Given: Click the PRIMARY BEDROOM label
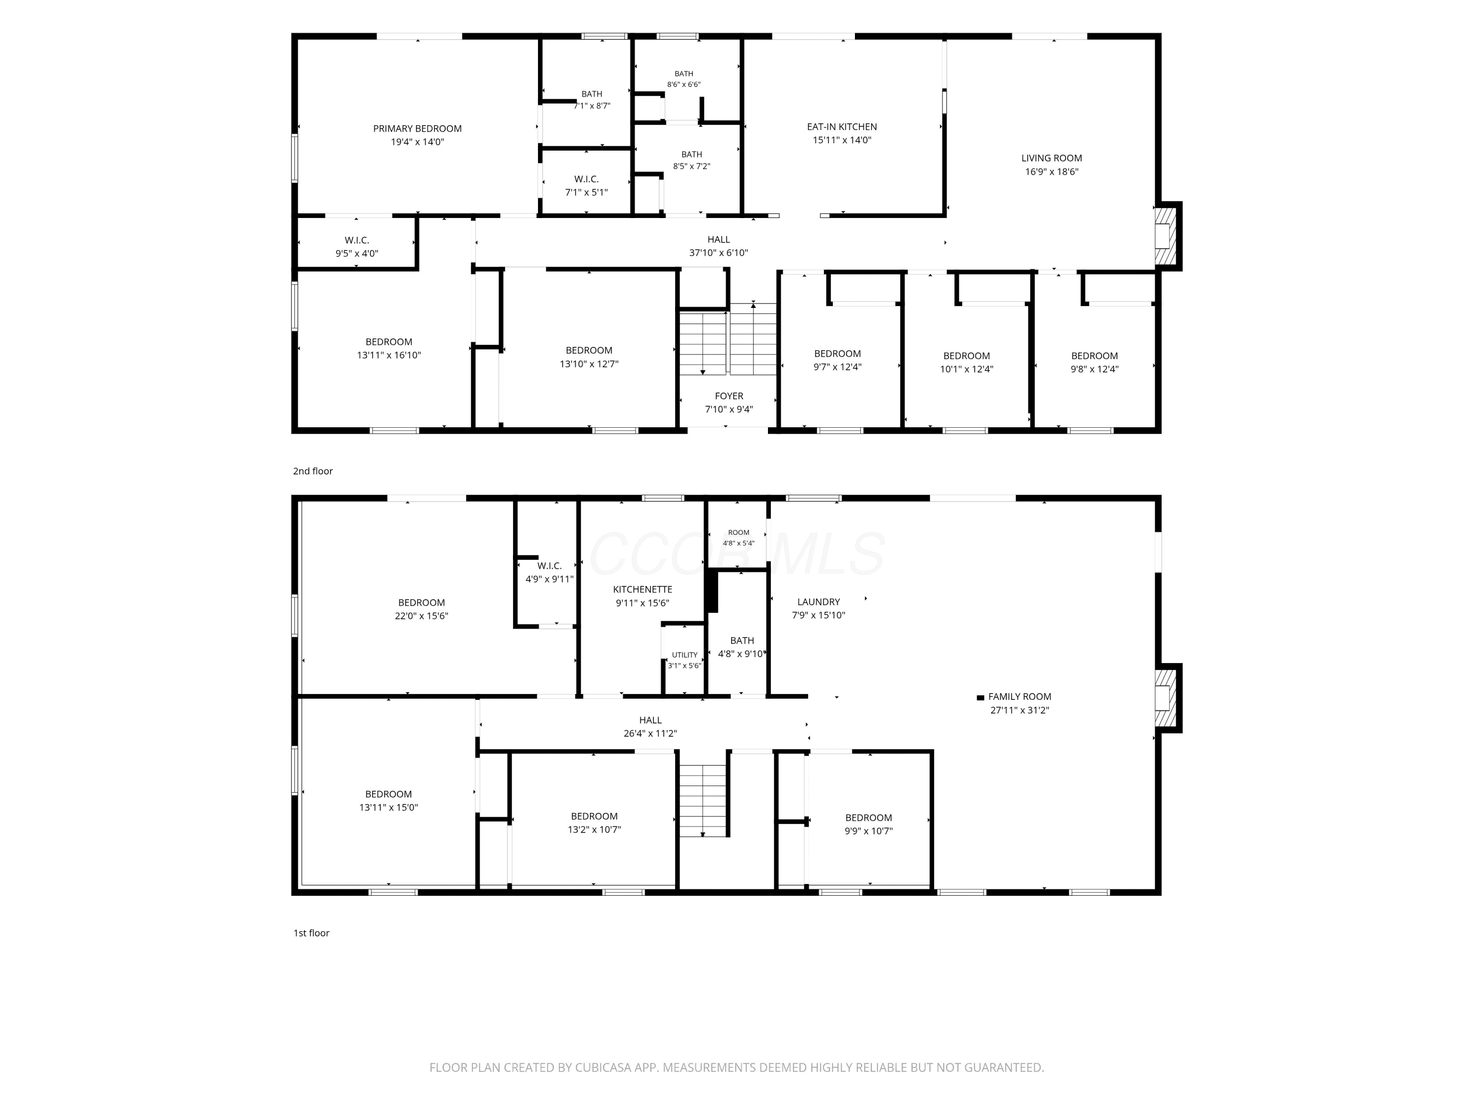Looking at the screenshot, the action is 417,129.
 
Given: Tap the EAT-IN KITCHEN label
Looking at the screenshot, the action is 842,127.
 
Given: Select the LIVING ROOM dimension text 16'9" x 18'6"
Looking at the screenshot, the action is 1051,172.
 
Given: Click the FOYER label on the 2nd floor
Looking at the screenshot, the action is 729,396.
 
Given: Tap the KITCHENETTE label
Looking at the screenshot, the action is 642,589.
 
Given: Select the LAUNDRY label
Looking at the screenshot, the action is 818,602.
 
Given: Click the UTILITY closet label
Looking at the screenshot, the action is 684,655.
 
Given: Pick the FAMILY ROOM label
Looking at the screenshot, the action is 1020,697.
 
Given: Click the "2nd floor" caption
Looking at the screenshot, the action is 312,471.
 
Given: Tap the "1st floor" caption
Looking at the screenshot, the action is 311,933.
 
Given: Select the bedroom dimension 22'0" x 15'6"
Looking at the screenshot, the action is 421,616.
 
